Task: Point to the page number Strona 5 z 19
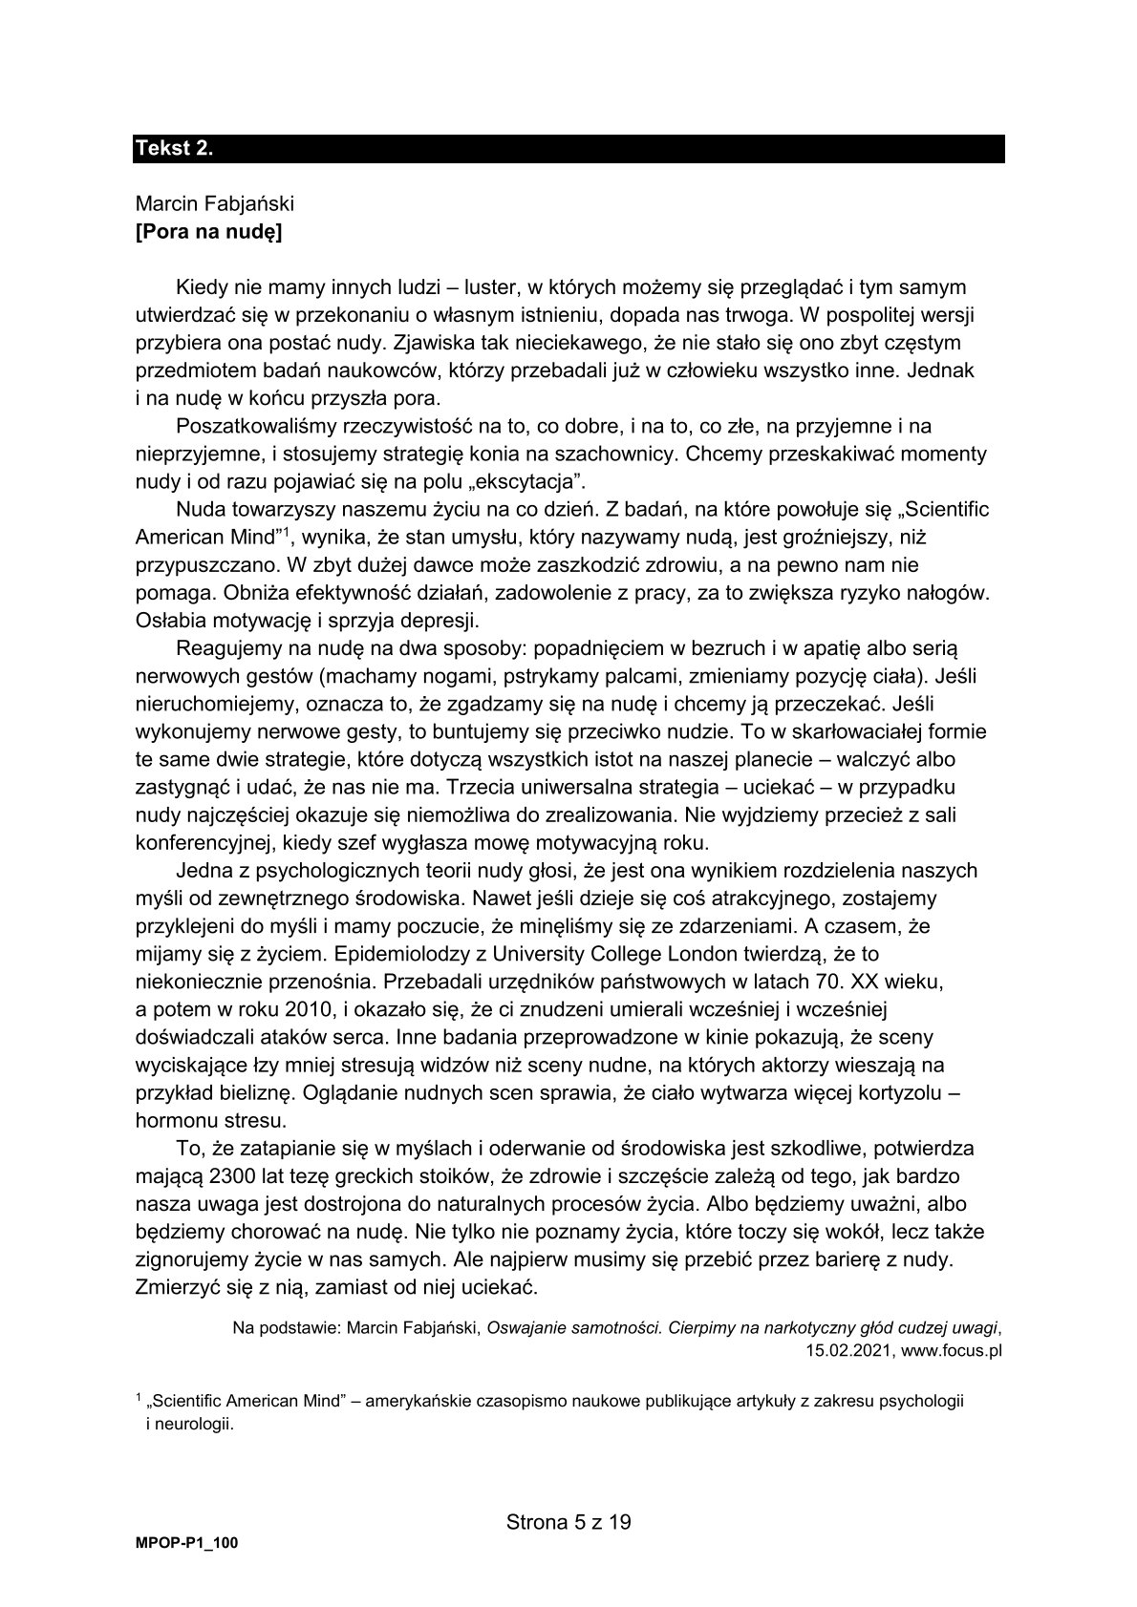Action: point(568,1522)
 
